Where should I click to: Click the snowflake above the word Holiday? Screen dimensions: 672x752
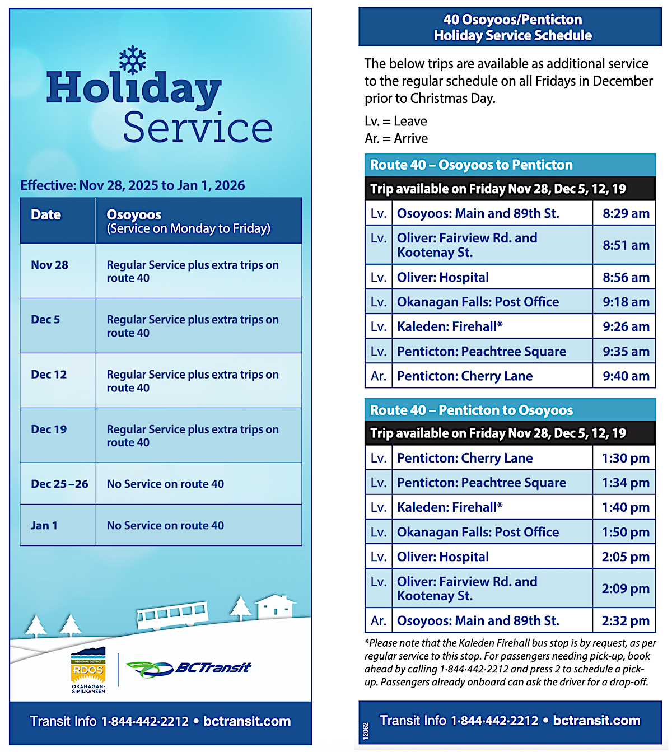coord(133,60)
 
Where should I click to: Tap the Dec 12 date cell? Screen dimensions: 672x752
coord(49,375)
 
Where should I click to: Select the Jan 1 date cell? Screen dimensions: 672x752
coord(44,525)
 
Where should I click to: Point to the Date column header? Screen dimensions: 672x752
coord(46,215)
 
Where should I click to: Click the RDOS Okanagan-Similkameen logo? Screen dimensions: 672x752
coord(88,670)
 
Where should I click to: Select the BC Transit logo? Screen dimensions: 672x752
coord(189,668)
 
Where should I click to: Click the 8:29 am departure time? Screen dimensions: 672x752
coord(626,213)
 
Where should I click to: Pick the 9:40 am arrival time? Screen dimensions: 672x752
coord(626,376)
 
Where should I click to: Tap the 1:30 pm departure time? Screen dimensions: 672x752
coord(626,459)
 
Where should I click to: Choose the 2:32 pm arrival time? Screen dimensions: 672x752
coord(626,621)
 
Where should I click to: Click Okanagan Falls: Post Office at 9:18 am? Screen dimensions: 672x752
coord(478,302)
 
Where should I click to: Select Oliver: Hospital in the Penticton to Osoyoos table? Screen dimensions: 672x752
coord(443,557)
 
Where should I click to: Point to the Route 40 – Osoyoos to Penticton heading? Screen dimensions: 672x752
coord(471,165)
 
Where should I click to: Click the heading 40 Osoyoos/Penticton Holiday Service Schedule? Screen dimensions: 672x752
coord(512,27)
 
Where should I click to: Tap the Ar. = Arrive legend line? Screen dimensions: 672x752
coord(396,138)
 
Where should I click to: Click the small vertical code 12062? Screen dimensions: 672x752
coord(366,731)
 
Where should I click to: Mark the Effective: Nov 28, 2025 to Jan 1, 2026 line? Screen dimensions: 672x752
coord(133,185)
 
